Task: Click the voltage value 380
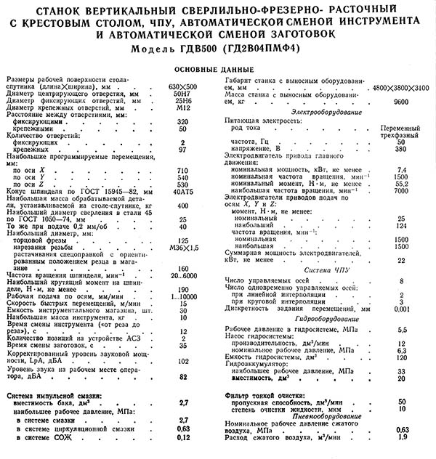pos(401,147)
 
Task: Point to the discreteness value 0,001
pos(401,308)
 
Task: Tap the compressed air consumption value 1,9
pos(401,438)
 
